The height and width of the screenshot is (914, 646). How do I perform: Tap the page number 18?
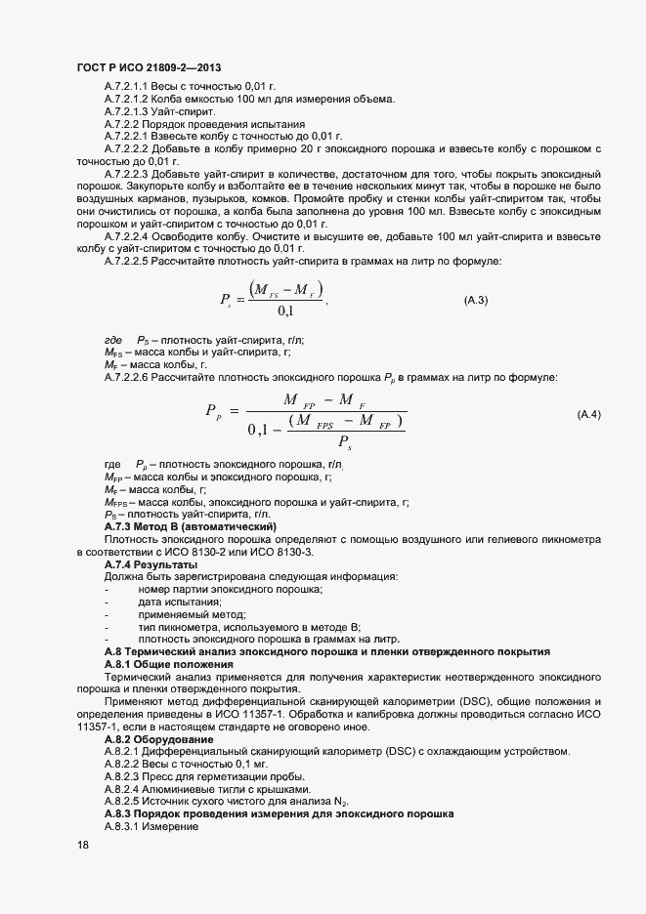83,846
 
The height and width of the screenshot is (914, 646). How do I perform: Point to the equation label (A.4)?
589,415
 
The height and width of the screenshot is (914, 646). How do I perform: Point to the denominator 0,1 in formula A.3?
286,312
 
